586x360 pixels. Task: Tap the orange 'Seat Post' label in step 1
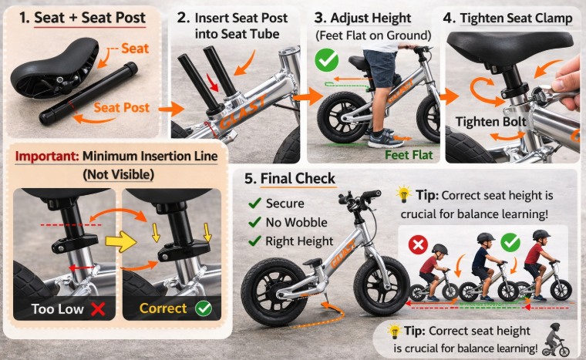click(x=122, y=108)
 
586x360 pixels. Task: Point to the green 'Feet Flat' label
click(x=409, y=154)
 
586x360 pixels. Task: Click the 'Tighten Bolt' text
click(x=490, y=122)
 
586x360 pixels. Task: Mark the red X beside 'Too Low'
click(x=98, y=308)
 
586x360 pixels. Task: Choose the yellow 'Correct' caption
click(x=163, y=308)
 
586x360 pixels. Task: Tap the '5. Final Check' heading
click(x=289, y=180)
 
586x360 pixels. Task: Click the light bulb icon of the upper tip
click(x=402, y=193)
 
